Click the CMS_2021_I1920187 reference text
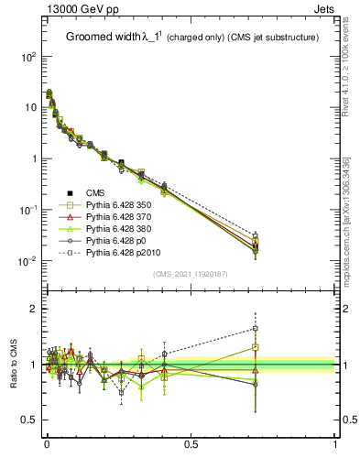point(191,274)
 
